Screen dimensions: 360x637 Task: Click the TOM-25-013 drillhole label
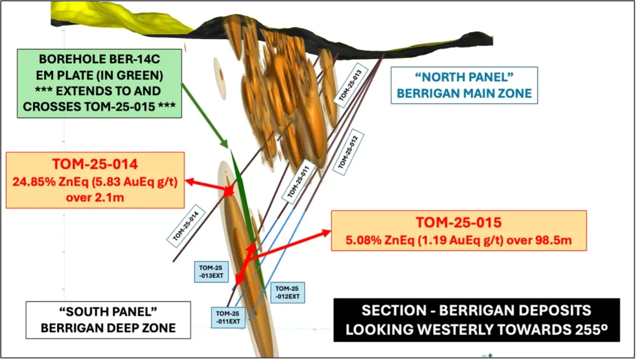click(351, 85)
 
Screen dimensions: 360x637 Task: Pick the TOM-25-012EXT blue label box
click(287, 292)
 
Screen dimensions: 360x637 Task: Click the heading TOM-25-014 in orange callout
click(95, 165)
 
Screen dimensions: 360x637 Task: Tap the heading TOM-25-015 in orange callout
click(459, 223)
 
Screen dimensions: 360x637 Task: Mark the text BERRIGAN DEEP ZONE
click(108, 327)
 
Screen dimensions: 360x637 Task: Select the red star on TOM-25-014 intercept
click(228, 192)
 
